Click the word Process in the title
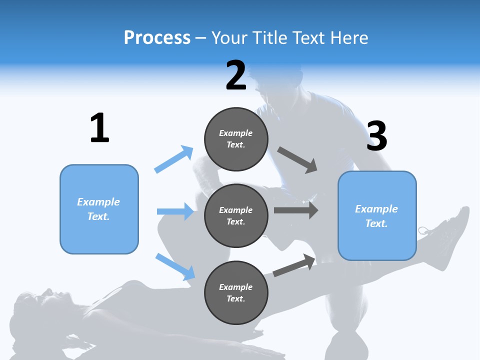157,37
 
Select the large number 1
99,128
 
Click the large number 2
235,75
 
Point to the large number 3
376,136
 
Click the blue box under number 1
99,209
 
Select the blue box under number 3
377,215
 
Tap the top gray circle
236,139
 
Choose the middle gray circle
236,215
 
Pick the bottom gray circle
236,292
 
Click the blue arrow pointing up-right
174,159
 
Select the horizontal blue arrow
175,211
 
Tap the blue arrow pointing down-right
175,266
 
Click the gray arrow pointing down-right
297,160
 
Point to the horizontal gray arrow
296,210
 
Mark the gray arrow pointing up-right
294,265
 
